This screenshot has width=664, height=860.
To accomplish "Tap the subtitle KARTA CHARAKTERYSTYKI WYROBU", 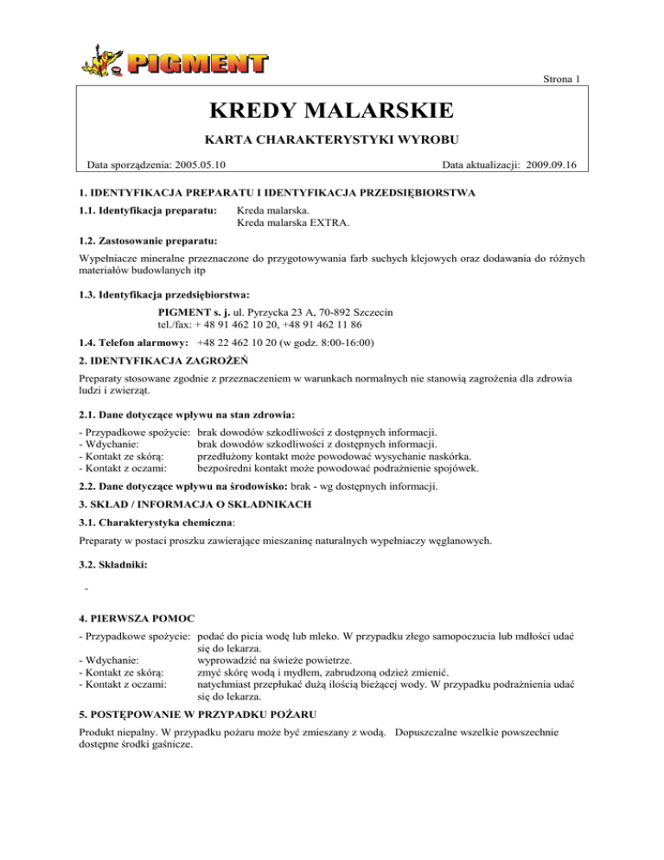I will click(x=331, y=139).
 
